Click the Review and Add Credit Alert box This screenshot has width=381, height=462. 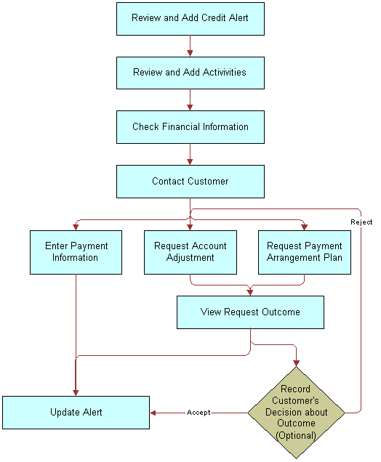pyautogui.click(x=190, y=18)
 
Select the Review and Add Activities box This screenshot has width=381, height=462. pyautogui.click(x=190, y=73)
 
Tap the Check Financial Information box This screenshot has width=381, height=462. pyautogui.click(x=190, y=127)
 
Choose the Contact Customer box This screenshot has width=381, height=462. pyautogui.click(x=190, y=182)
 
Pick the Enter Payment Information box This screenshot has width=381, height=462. pyautogui.click(x=76, y=252)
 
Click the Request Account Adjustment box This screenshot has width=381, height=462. pyautogui.click(x=190, y=252)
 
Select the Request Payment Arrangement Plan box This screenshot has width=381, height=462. pyautogui.click(x=305, y=252)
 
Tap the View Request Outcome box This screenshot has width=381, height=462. pyautogui.click(x=250, y=312)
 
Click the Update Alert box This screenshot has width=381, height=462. pyautogui.click(x=76, y=413)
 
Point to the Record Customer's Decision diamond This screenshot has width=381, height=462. pyautogui.click(x=296, y=413)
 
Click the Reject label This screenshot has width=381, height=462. pyautogui.click(x=361, y=222)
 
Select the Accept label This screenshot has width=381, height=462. pyautogui.click(x=198, y=413)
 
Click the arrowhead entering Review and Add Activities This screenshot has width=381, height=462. pyautogui.click(x=190, y=53)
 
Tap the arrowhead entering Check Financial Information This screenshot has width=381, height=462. pyautogui.click(x=190, y=108)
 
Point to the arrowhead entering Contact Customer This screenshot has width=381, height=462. pyautogui.click(x=190, y=162)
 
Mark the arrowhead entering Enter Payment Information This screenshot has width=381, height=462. pyautogui.click(x=76, y=227)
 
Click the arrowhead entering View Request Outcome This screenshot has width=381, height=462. pyautogui.click(x=250, y=292)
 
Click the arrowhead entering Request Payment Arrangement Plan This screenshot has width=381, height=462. pyautogui.click(x=305, y=227)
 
